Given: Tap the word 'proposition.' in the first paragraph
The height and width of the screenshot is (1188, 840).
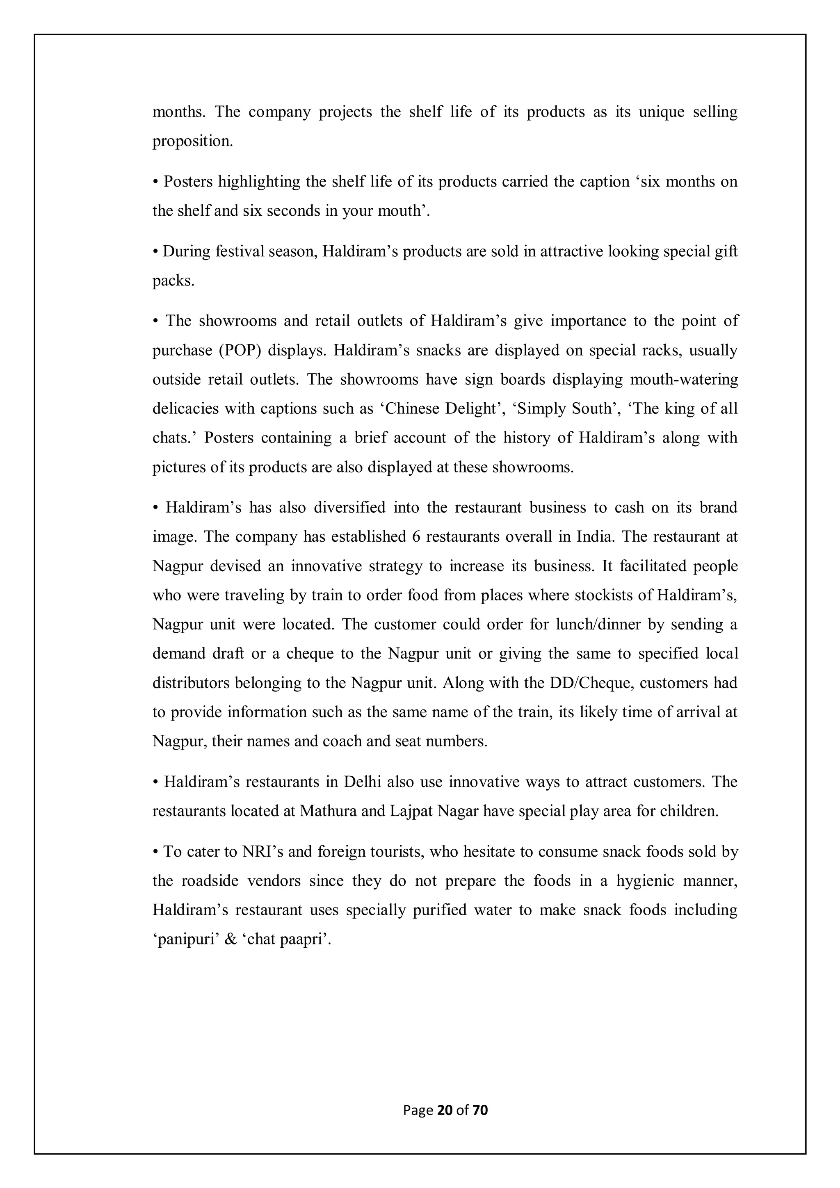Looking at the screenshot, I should click(192, 141).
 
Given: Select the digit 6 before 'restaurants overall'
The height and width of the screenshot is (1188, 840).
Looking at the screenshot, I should click(415, 537).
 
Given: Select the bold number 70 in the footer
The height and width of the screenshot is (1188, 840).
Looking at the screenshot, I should click(480, 1110).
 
